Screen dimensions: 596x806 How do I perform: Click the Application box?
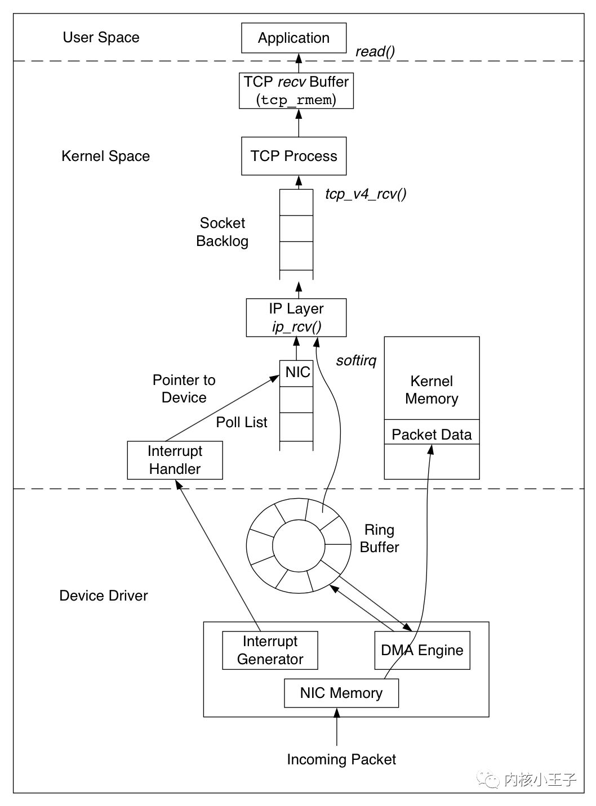(293, 38)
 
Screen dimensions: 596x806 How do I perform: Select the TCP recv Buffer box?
(296, 91)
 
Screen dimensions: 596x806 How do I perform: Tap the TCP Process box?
(293, 156)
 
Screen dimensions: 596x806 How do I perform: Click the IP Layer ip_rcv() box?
(296, 317)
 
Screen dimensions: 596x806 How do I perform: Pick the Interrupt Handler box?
(175, 460)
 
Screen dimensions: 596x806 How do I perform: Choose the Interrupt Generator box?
(270, 650)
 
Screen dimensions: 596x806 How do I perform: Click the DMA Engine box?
(422, 650)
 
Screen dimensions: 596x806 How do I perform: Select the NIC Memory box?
(341, 693)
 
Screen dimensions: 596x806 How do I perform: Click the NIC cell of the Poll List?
(296, 373)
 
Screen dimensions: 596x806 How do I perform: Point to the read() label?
(375, 52)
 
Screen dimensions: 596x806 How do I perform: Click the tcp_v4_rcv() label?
(366, 194)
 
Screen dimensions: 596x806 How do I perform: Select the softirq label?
(356, 361)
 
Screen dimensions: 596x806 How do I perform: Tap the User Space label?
(101, 37)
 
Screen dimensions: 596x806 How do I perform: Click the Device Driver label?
(104, 595)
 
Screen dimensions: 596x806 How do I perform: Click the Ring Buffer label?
(380, 538)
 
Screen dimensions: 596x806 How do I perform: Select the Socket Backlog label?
(223, 232)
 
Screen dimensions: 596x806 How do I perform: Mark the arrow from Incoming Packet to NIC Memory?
(337, 727)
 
